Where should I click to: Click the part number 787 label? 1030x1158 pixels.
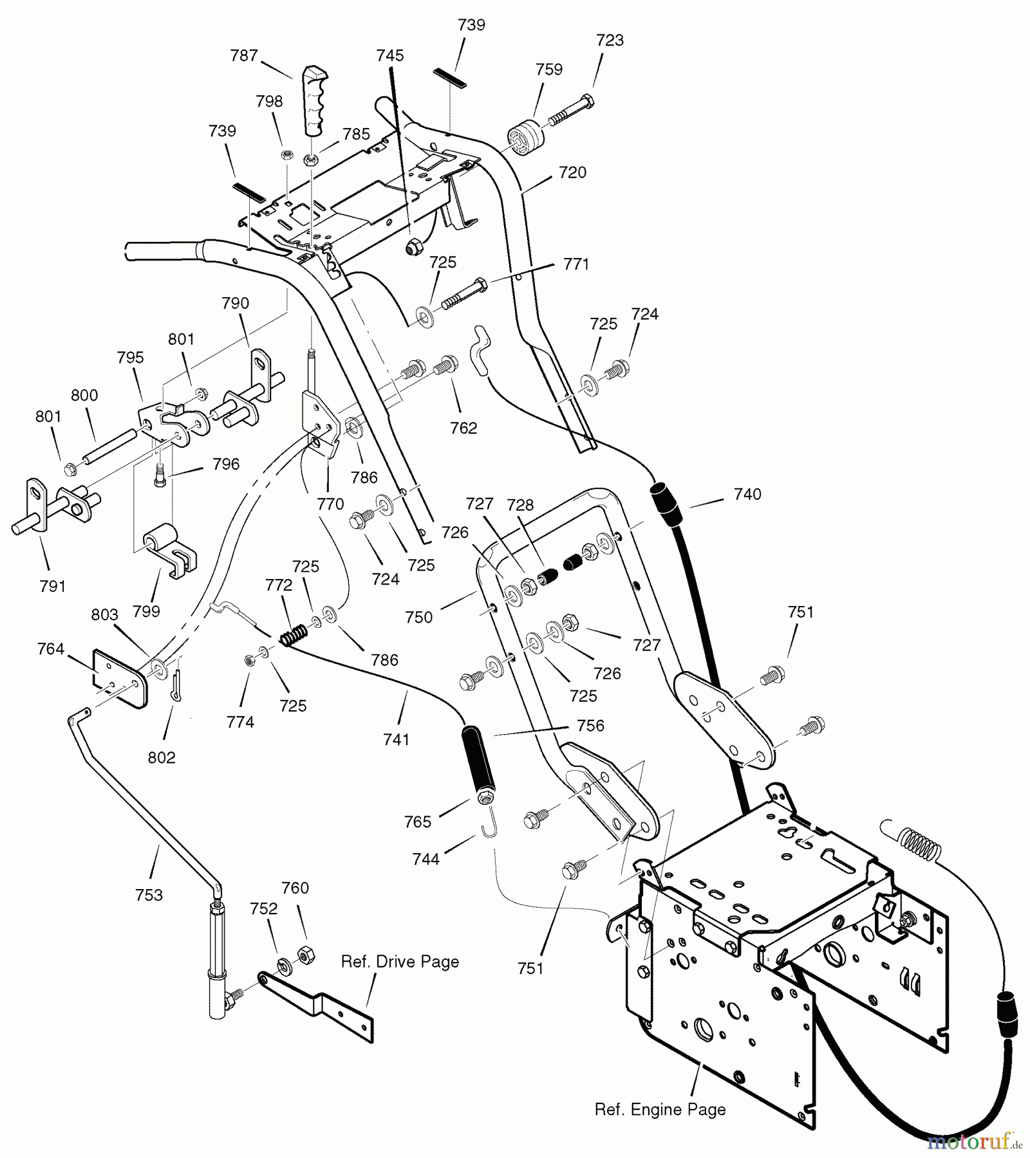[244, 56]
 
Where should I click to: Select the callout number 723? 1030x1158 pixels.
[610, 40]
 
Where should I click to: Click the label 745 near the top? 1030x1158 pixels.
[390, 55]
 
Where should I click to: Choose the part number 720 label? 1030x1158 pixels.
[572, 172]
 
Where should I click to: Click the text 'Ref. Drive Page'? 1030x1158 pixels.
[400, 962]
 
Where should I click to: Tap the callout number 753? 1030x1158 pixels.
[149, 895]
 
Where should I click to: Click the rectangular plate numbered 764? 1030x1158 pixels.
[120, 677]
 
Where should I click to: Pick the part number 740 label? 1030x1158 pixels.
[747, 494]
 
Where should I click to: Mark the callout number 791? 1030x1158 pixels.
[52, 586]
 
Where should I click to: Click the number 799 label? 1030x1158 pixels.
[146, 611]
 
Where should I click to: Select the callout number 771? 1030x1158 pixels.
[576, 264]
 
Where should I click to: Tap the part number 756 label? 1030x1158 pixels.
[590, 726]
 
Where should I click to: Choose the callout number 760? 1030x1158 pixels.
[295, 888]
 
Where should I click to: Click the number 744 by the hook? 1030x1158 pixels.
[426, 859]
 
